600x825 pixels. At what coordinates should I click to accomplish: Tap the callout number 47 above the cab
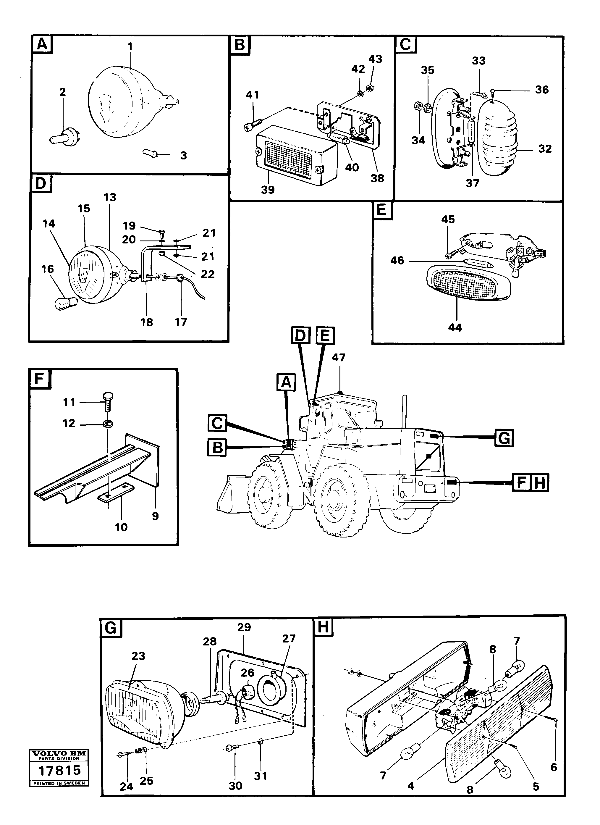tap(338, 358)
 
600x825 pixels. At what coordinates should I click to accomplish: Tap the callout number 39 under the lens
tap(268, 190)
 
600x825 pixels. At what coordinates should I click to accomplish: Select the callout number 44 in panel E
tap(455, 327)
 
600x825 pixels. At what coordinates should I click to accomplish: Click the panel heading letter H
tap(323, 627)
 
